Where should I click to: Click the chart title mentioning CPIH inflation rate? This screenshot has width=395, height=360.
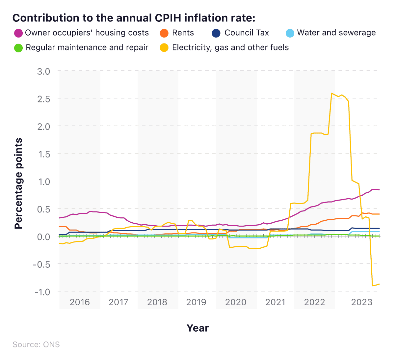(134, 18)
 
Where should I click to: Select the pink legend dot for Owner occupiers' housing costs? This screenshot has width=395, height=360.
(18, 33)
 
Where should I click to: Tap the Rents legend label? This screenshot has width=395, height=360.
(183, 33)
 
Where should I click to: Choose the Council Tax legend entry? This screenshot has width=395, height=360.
(247, 33)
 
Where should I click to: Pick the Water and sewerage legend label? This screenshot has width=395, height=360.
(336, 33)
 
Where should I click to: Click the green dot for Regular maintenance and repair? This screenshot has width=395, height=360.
(18, 48)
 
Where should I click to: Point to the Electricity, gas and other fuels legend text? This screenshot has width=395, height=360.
(230, 48)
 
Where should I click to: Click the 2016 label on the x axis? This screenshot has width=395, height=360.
(80, 302)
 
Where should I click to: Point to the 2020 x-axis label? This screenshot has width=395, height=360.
(236, 302)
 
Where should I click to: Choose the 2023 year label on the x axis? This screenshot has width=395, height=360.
(361, 302)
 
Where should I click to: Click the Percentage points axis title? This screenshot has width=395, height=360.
(19, 183)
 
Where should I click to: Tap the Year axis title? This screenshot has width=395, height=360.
(197, 328)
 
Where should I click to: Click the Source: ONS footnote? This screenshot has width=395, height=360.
(36, 345)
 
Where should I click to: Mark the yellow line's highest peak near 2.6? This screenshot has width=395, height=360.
(331, 93)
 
